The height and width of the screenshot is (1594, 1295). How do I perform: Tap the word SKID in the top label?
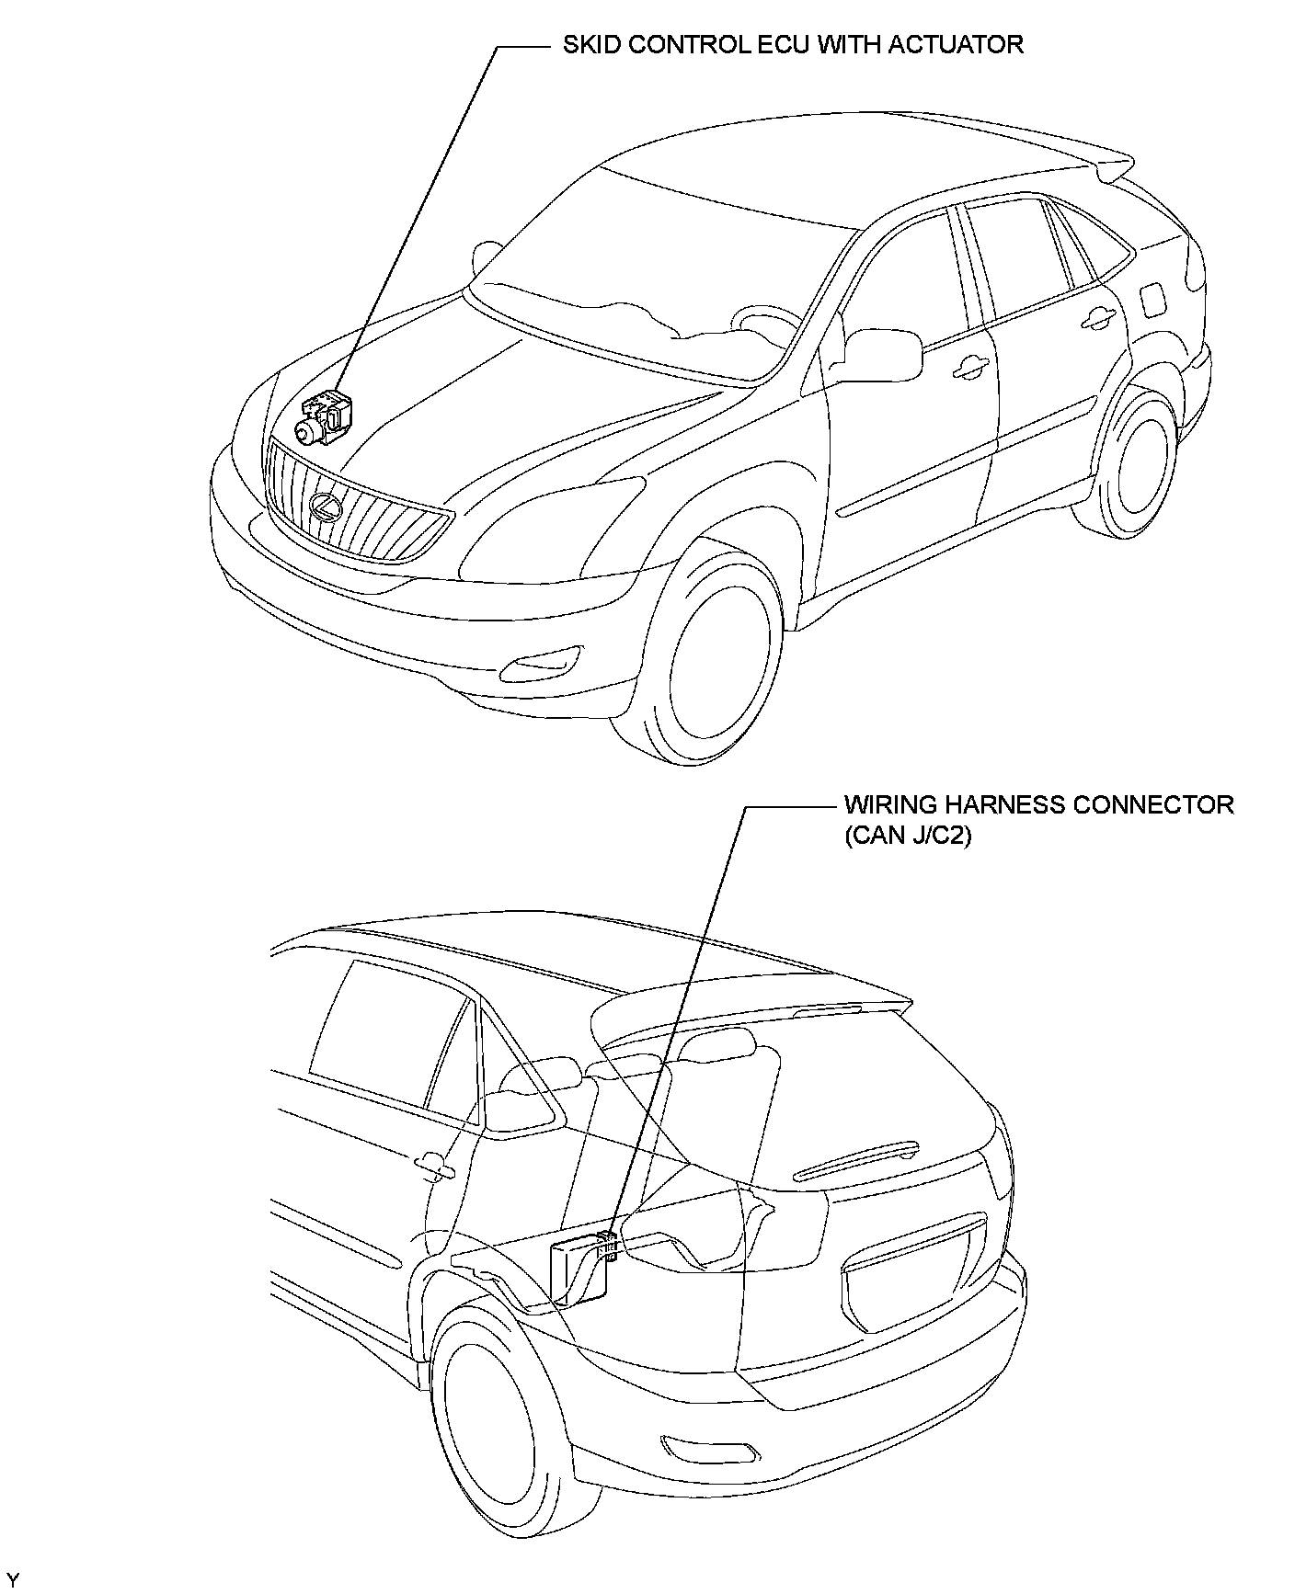click(x=587, y=44)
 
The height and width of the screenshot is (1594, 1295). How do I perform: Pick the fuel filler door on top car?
click(x=1151, y=298)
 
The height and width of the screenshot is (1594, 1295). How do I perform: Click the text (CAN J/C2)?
click(x=908, y=837)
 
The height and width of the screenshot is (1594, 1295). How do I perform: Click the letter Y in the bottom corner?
click(x=13, y=1579)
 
